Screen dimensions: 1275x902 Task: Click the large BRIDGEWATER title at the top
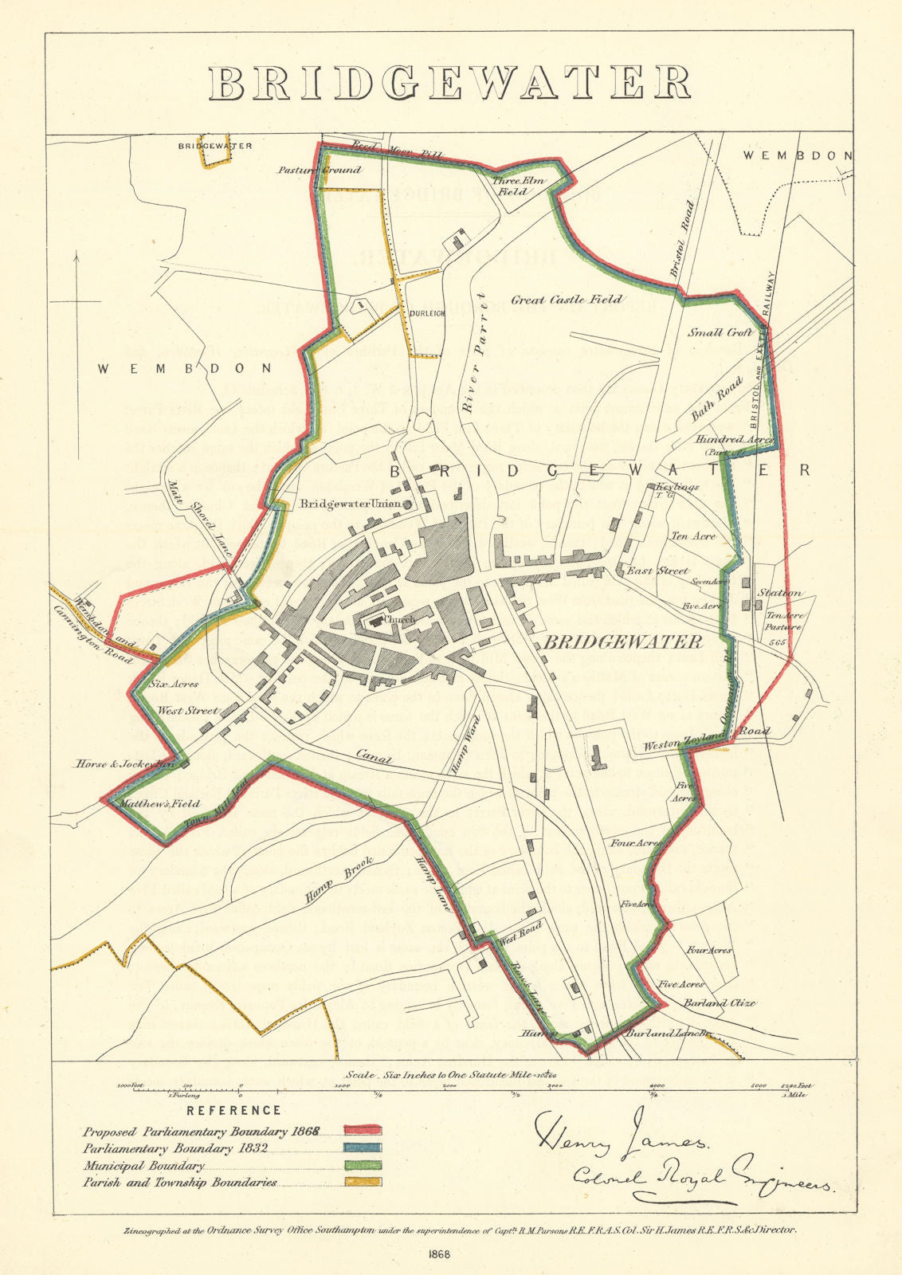[450, 82]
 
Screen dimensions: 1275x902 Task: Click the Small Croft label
[720, 333]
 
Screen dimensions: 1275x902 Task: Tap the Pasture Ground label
[319, 170]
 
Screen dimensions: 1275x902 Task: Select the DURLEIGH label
[426, 313]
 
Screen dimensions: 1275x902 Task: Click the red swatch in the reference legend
[363, 1130]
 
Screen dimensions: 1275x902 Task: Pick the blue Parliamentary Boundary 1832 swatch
[363, 1147]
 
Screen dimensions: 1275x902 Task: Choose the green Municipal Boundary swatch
[363, 1165]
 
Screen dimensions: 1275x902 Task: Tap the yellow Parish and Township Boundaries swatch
[363, 1182]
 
